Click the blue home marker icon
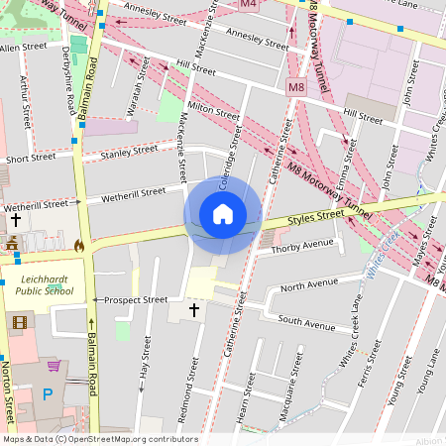pyautogui.click(x=223, y=214)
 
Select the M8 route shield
pyautogui.click(x=296, y=87)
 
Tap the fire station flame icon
pyautogui.click(x=78, y=244)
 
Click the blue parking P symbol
pyautogui.click(x=48, y=393)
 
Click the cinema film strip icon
pyautogui.click(x=19, y=321)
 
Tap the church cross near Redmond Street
pyautogui.click(x=193, y=310)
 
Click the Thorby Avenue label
pyautogui.click(x=304, y=244)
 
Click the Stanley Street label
pyautogui.click(x=128, y=152)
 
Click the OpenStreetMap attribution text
pyautogui.click(x=99, y=439)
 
